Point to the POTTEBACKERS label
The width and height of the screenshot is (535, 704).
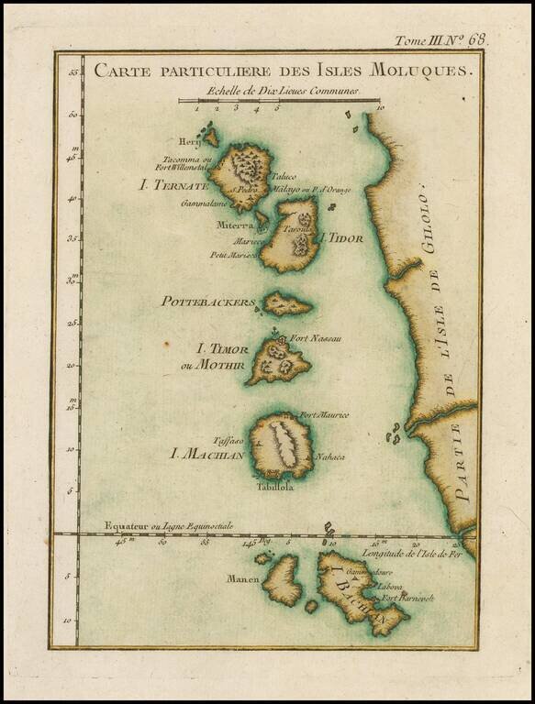point(207,302)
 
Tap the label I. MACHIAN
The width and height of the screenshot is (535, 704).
point(209,453)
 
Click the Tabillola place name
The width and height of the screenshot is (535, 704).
point(275,488)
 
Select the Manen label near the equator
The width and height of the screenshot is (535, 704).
point(241,578)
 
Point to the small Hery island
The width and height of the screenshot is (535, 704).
point(210,137)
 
